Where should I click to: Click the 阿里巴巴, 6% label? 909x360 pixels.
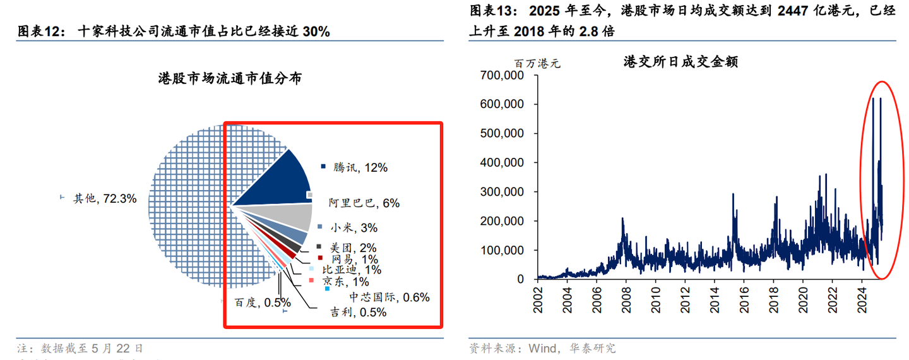click(x=364, y=203)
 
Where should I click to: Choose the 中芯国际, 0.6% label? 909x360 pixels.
click(x=389, y=296)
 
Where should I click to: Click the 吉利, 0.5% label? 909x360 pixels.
click(x=359, y=311)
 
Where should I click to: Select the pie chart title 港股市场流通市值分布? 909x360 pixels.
click(x=230, y=79)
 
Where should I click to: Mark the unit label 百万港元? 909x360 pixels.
click(x=536, y=63)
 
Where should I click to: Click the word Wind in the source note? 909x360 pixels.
click(x=542, y=348)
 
